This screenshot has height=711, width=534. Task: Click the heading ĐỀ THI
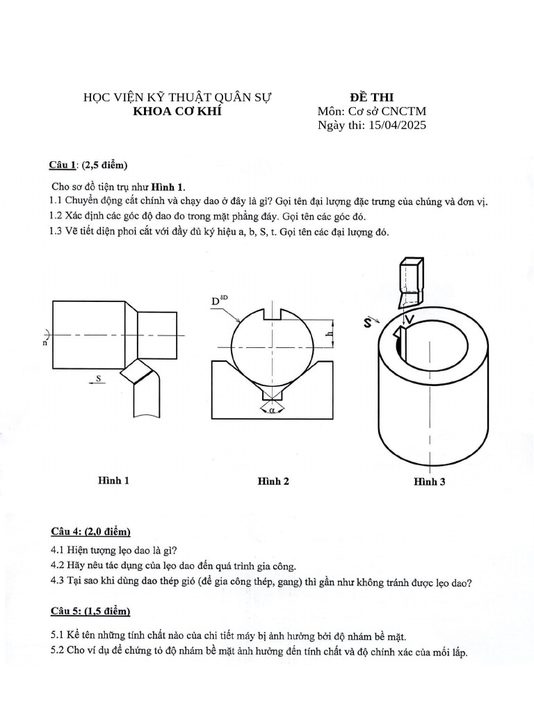[x=371, y=97]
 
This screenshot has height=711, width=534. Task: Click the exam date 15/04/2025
[x=397, y=125]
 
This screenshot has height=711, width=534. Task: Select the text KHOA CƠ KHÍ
[x=177, y=111]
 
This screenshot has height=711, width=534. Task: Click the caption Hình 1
[x=113, y=480]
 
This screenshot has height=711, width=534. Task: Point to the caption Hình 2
[x=273, y=481]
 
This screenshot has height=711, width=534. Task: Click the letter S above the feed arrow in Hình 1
[x=99, y=378]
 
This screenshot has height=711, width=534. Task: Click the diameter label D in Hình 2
[x=216, y=302]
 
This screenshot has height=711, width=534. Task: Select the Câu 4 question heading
[x=90, y=532]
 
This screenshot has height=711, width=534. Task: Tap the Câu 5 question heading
[x=90, y=611]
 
